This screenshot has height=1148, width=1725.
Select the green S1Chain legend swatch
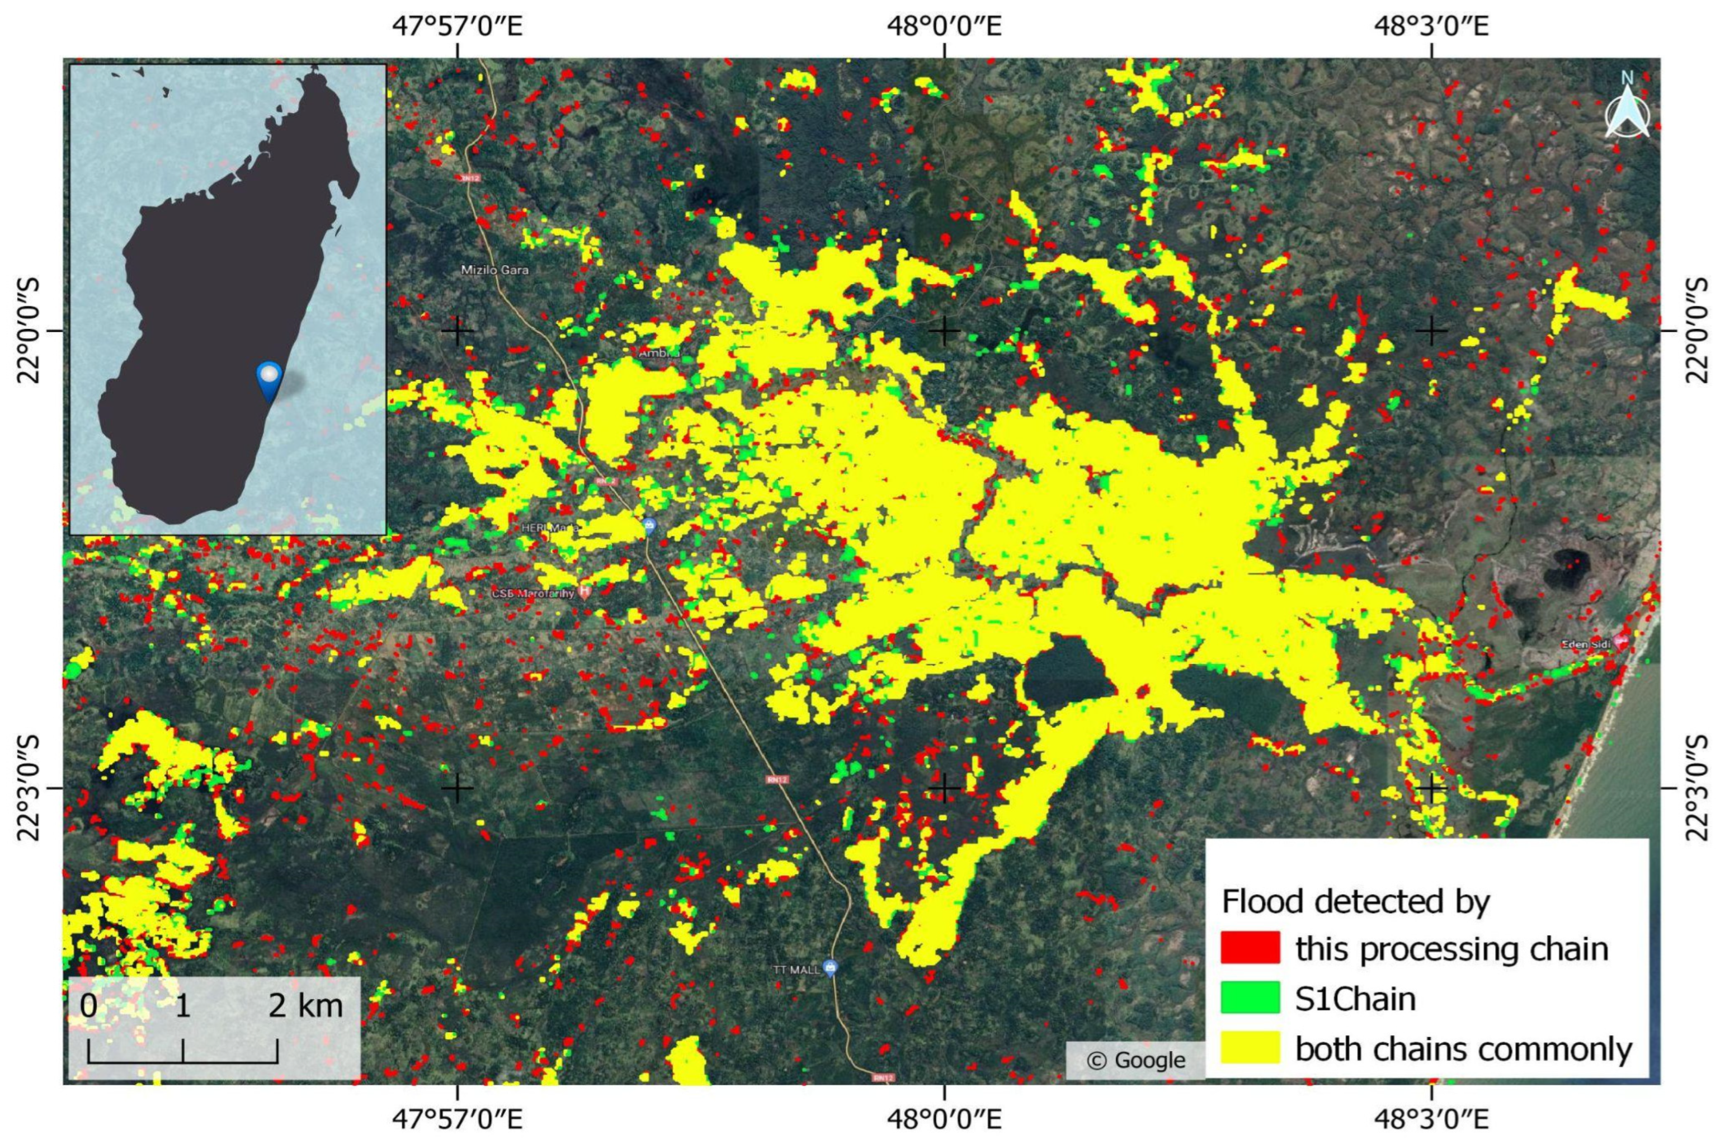1250,998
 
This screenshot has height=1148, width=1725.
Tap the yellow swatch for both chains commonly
1250,1047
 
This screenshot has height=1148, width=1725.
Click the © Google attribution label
1135,1060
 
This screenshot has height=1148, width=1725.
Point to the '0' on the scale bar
88,1006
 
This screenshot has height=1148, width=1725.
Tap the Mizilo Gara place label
494,270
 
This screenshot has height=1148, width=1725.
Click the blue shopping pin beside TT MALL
829,967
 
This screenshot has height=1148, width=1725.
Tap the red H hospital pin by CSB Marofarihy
584,590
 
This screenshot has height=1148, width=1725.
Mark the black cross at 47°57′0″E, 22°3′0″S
458,788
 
